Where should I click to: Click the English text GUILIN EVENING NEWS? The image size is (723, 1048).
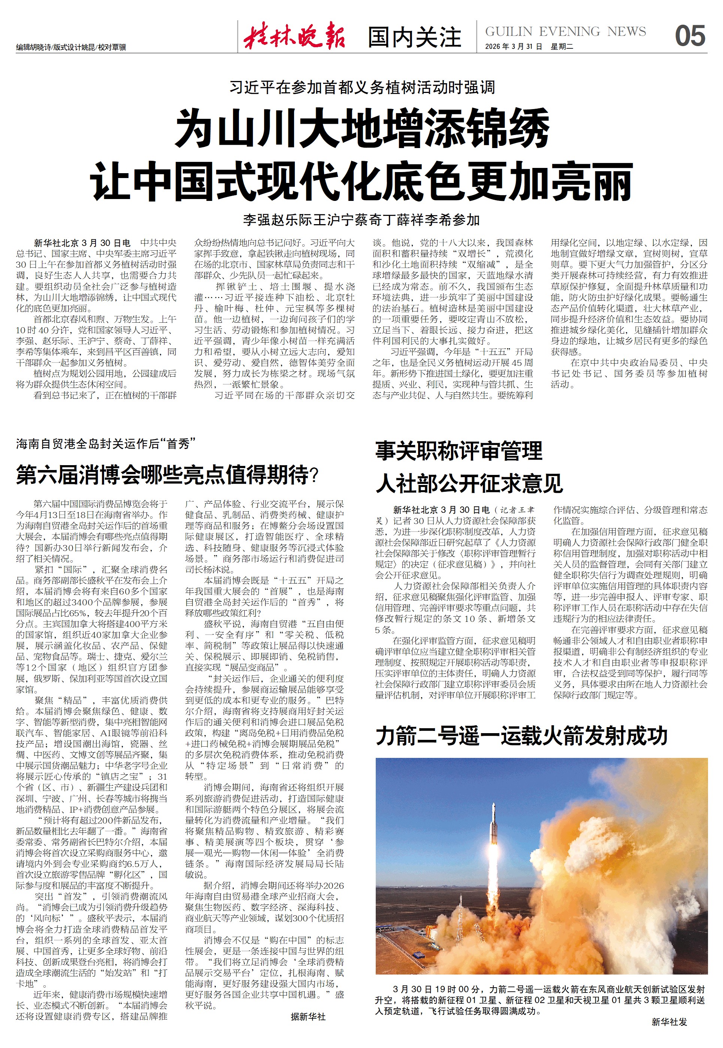[x=565, y=31]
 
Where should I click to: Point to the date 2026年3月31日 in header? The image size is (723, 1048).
[x=513, y=46]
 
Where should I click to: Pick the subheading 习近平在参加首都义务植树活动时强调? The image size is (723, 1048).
[x=362, y=87]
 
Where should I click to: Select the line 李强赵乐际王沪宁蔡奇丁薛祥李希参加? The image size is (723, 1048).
[x=361, y=220]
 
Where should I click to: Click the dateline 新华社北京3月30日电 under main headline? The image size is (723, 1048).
[x=82, y=243]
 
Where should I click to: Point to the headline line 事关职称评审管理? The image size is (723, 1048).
[x=459, y=451]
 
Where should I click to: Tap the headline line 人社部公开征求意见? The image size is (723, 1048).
[x=469, y=483]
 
